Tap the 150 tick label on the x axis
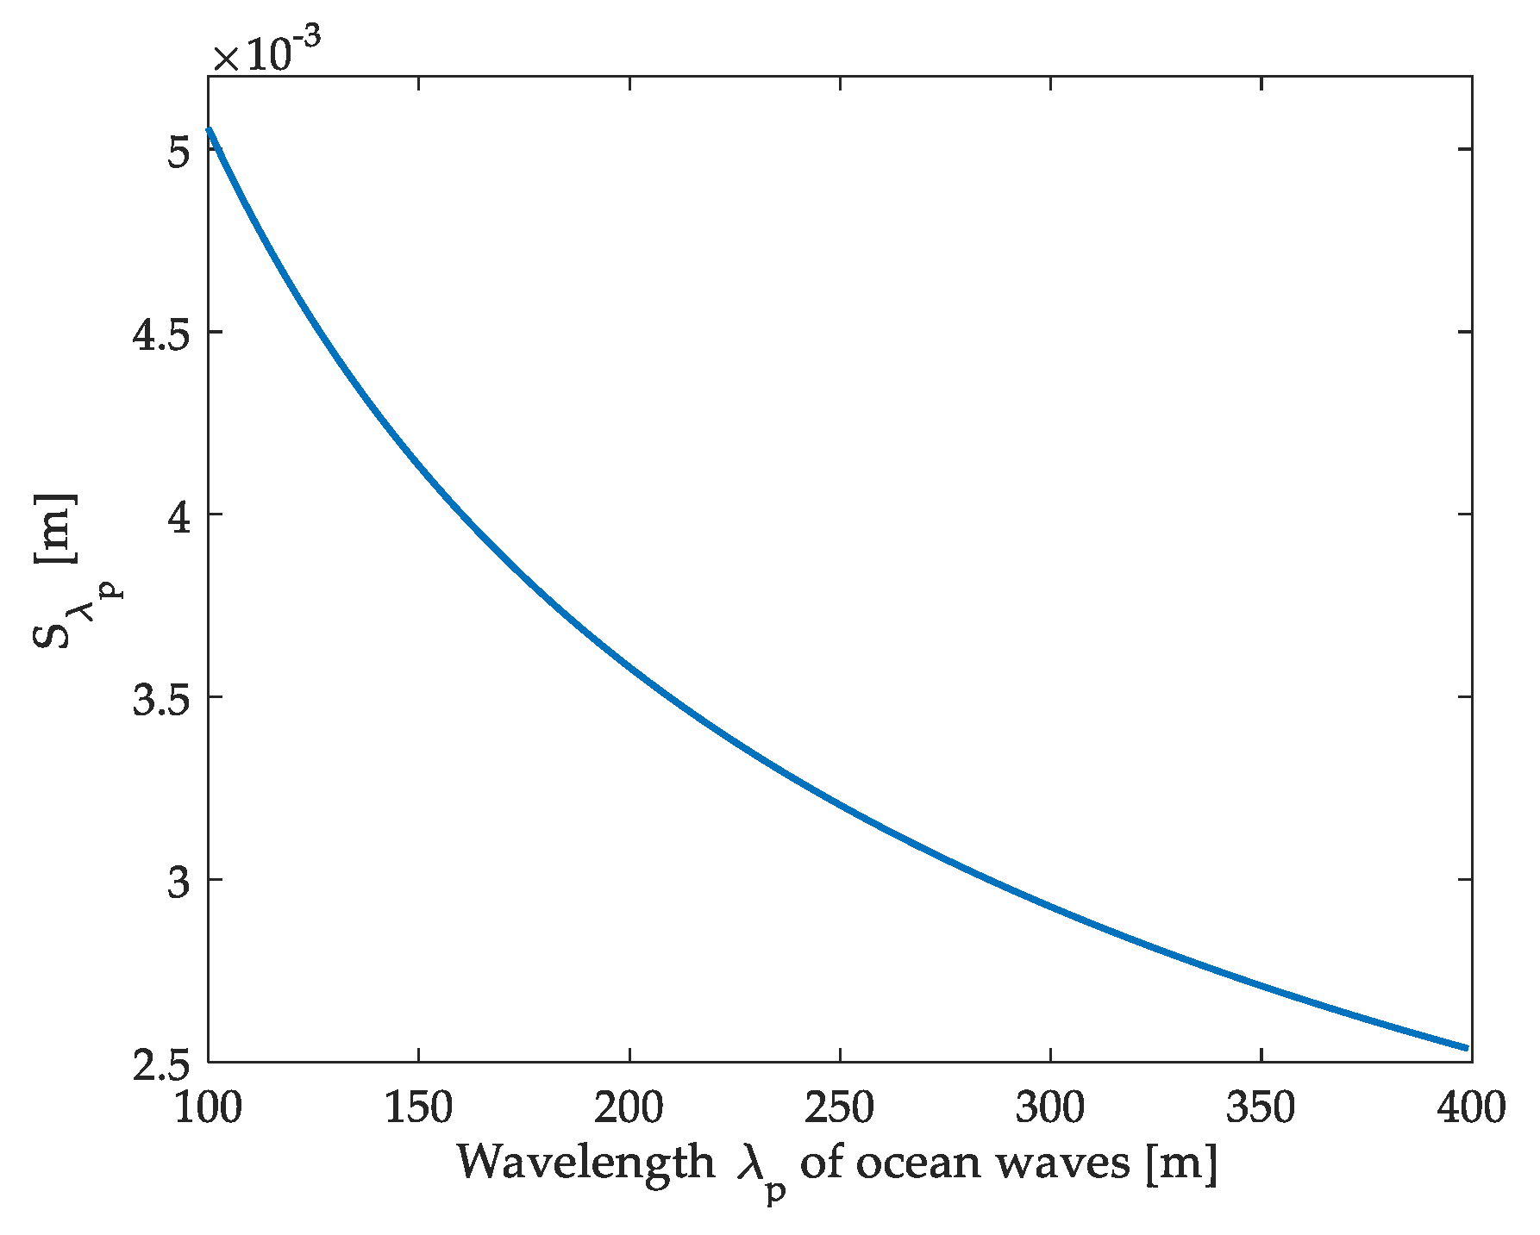tap(418, 1107)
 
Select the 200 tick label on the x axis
tap(629, 1107)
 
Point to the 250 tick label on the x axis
tap(840, 1107)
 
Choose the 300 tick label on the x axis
tap(1050, 1107)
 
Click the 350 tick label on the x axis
tap(1261, 1107)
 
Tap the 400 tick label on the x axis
tap(1470, 1107)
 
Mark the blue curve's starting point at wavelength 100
tap(209, 129)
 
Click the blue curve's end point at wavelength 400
tap(1466, 1048)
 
